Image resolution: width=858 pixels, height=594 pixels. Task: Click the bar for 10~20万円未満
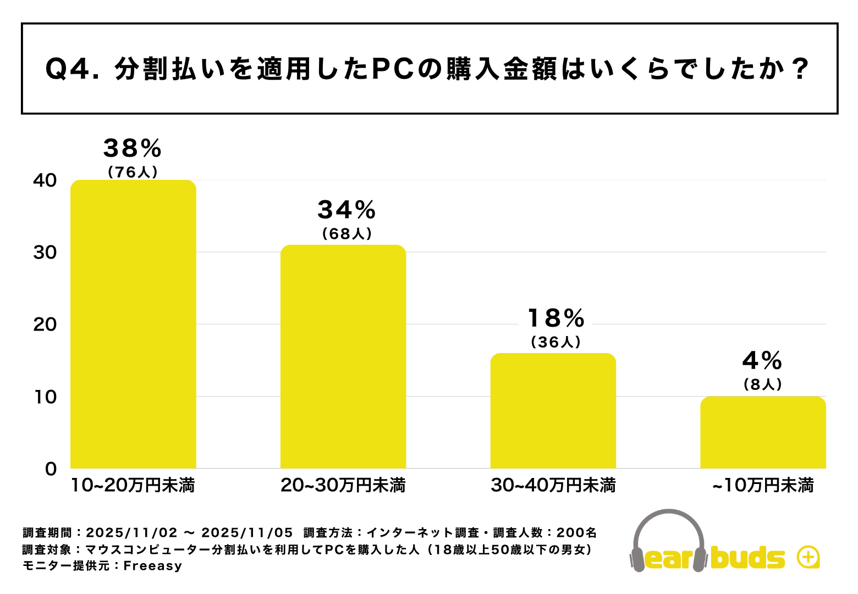(133, 324)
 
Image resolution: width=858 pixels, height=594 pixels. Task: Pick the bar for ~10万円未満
(763, 432)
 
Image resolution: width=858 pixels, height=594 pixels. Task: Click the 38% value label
(133, 148)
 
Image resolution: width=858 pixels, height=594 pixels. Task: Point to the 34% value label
(346, 210)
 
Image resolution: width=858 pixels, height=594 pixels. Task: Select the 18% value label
(556, 318)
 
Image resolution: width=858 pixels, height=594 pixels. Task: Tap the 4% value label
(762, 361)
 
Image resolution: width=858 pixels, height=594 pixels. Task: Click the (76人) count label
(133, 172)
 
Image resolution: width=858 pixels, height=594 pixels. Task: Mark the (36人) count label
(556, 342)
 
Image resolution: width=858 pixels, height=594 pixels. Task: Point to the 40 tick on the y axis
(45, 180)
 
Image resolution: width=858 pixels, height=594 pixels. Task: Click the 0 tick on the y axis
(51, 469)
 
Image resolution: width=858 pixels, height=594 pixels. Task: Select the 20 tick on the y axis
(45, 324)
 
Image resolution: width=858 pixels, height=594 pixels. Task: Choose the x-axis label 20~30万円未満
(343, 486)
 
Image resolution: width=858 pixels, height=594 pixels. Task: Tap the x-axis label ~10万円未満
(763, 486)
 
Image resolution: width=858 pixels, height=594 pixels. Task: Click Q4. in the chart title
(71, 70)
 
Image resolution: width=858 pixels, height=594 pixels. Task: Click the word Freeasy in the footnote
(152, 566)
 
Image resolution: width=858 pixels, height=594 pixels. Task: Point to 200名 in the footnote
(576, 532)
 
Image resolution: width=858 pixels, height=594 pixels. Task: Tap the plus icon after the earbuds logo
(808, 558)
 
